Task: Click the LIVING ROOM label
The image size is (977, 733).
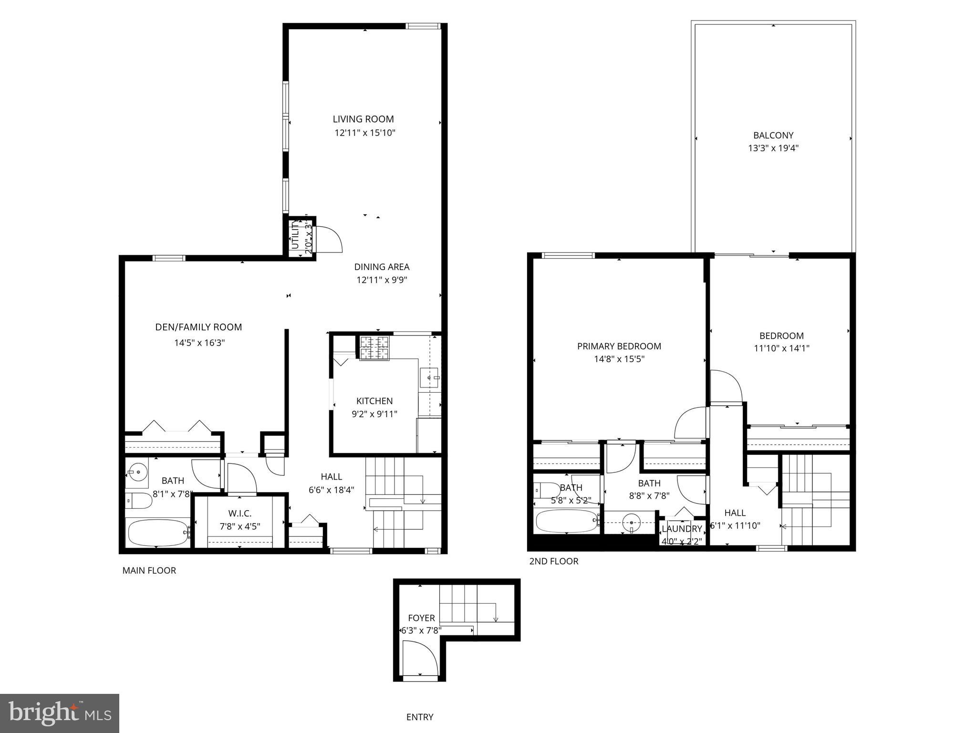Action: [x=363, y=119]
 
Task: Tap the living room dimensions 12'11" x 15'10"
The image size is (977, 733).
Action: [x=365, y=133]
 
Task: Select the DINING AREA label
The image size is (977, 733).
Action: [x=382, y=267]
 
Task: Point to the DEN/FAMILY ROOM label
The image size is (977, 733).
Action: [x=198, y=327]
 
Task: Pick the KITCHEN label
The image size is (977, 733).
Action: [x=374, y=401]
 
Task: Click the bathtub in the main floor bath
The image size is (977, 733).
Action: [x=158, y=533]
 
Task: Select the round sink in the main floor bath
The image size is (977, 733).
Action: [x=138, y=472]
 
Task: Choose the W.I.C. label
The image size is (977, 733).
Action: [x=239, y=513]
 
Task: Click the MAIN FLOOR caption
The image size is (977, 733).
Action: [x=149, y=570]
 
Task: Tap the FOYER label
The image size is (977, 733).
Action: [x=421, y=618]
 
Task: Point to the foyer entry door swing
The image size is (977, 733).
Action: [x=420, y=659]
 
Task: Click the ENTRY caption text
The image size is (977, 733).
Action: [x=420, y=717]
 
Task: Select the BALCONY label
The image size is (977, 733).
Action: [x=773, y=135]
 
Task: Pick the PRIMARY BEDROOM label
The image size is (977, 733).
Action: [x=619, y=346]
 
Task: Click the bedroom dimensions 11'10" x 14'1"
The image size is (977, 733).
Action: [x=781, y=348]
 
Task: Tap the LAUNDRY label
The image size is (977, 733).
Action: [x=682, y=529]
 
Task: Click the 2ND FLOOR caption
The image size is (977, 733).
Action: [x=553, y=561]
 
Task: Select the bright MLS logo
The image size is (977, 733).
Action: [x=59, y=713]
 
